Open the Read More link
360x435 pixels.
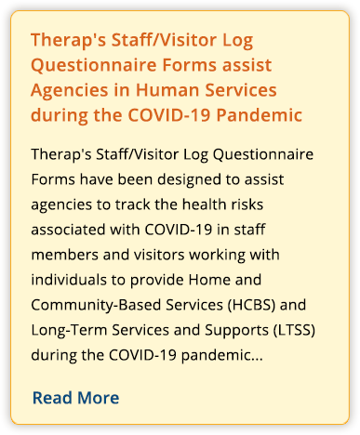tap(75, 398)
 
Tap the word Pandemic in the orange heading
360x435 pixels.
tap(260, 115)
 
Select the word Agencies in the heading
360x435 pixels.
tap(70, 91)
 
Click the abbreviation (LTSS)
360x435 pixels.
tap(294, 330)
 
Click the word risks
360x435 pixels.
tap(247, 204)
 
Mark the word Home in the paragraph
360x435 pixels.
tap(209, 280)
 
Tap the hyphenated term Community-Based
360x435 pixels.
tap(96, 306)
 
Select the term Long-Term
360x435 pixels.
tap(69, 330)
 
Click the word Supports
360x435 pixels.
tap(236, 331)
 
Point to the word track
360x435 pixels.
tap(133, 204)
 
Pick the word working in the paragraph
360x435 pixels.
tap(217, 256)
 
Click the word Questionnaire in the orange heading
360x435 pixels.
tap(94, 65)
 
